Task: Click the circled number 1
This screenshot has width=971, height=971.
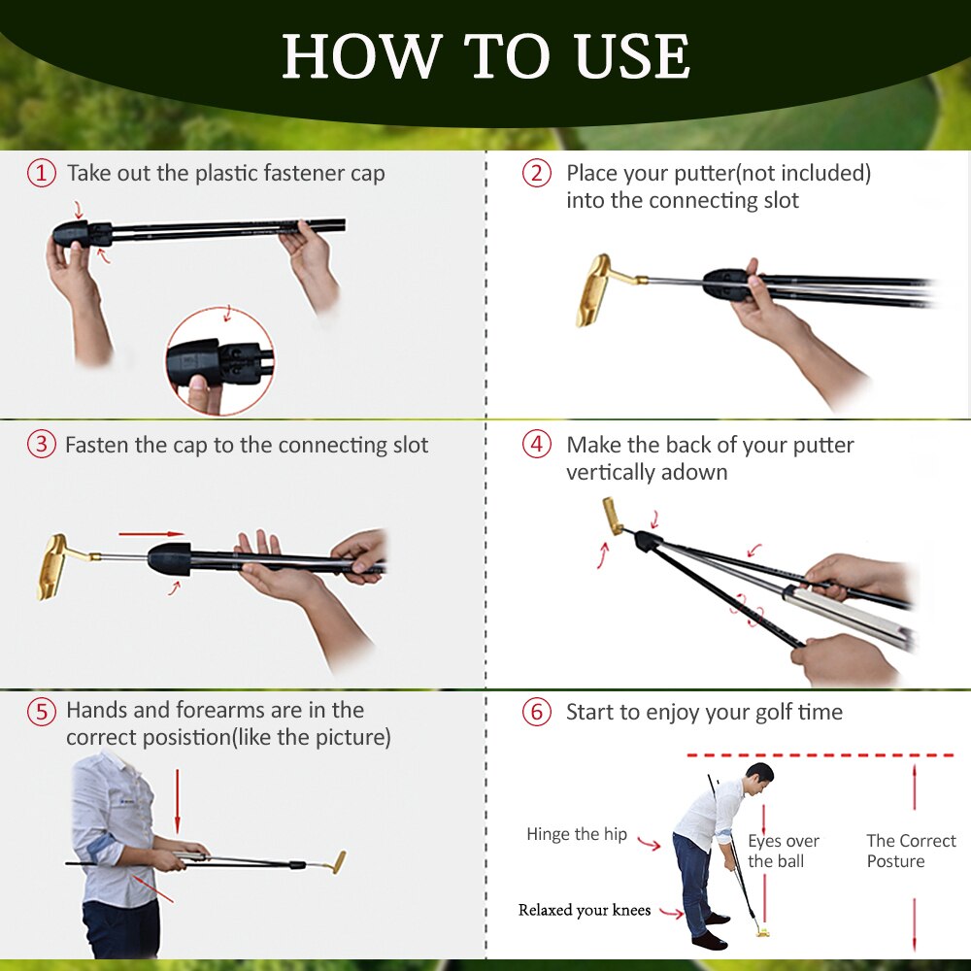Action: click(41, 174)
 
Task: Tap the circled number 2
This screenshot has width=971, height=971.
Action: click(536, 174)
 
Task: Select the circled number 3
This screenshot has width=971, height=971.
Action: click(41, 445)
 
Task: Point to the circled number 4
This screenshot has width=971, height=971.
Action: click(536, 445)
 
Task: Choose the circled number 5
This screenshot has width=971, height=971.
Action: click(41, 712)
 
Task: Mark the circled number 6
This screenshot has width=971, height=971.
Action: click(536, 712)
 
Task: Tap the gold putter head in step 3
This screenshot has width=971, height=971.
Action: click(53, 565)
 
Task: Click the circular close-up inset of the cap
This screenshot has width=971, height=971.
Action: click(219, 362)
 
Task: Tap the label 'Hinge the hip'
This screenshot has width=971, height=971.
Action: click(577, 834)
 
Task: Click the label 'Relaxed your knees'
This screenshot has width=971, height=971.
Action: click(585, 910)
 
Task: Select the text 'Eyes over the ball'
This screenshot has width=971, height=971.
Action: click(783, 851)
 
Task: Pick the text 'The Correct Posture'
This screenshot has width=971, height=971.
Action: click(911, 851)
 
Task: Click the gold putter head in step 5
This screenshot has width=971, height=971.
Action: click(338, 861)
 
